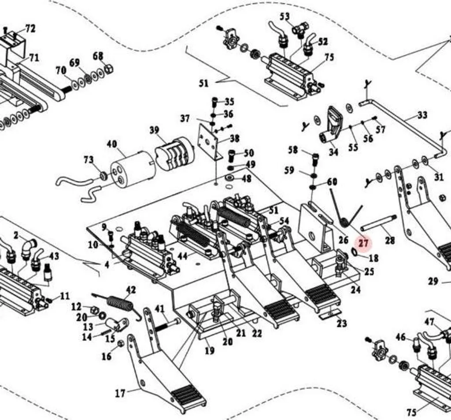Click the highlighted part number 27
(363, 243)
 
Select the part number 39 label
(154, 130)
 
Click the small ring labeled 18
(355, 252)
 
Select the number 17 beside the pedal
(120, 393)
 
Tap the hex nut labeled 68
(109, 69)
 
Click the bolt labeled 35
(215, 102)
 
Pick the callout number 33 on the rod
(422, 115)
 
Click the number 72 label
(30, 29)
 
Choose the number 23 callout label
(342, 324)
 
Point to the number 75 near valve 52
(329, 57)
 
